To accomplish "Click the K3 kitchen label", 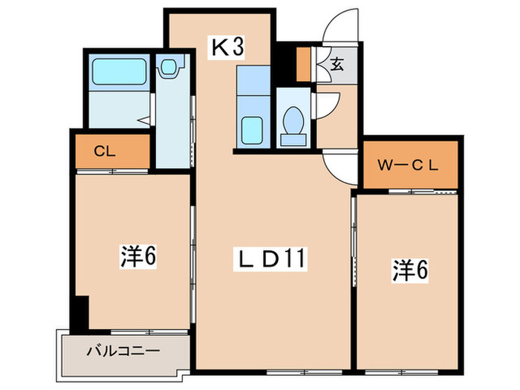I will [x=228, y=48].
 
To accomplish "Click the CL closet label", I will [x=104, y=152].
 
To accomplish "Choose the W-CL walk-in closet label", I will [x=409, y=165].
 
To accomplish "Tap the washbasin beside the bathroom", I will [x=170, y=68].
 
